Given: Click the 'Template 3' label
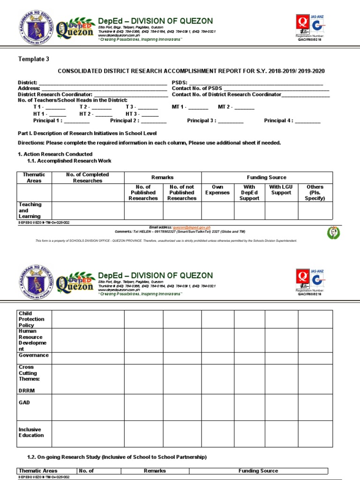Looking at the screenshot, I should point(33,59).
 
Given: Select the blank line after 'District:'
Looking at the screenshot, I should point(103,82).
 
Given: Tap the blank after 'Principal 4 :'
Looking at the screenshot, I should point(307,121).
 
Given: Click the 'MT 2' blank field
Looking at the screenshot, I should point(244,107).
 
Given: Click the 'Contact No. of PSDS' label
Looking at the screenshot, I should point(197,88).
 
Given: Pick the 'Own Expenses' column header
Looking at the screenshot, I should point(217,190).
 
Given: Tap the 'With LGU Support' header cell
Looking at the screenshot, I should point(281,190).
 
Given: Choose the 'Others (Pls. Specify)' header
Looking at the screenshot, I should point(315,193).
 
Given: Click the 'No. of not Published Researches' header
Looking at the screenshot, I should point(182,193).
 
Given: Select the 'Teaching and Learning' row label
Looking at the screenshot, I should point(30,210).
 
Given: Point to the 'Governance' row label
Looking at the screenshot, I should point(33,355).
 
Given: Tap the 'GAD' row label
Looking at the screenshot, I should point(24,403).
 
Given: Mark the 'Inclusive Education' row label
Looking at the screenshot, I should point(31,432).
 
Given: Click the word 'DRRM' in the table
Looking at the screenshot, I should point(27,390).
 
